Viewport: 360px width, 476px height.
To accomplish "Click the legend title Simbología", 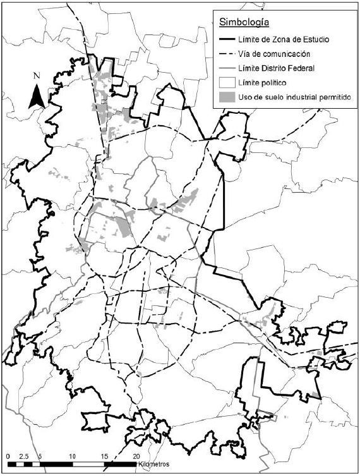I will [245, 23].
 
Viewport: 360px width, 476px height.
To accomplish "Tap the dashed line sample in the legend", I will [227, 54].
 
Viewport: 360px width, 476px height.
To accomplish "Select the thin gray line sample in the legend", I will [227, 68].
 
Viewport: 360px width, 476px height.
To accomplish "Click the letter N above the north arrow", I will [37, 75].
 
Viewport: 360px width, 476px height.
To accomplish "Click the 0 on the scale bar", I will [8, 456].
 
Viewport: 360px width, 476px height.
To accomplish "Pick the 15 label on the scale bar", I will [105, 456].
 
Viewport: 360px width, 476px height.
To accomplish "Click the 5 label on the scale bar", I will [40, 456].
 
